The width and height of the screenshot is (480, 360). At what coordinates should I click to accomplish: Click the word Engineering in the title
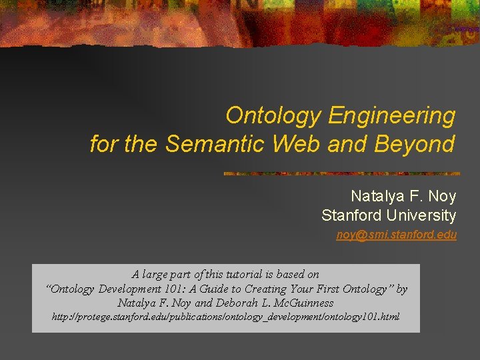392,116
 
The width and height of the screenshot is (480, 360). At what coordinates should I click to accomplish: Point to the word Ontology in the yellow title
274,116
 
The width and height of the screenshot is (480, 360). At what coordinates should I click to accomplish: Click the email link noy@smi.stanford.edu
397,235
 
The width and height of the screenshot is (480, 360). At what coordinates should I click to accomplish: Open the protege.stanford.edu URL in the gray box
226,317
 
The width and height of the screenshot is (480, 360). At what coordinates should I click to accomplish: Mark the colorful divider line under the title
341,173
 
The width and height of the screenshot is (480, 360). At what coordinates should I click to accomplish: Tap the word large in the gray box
156,274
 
